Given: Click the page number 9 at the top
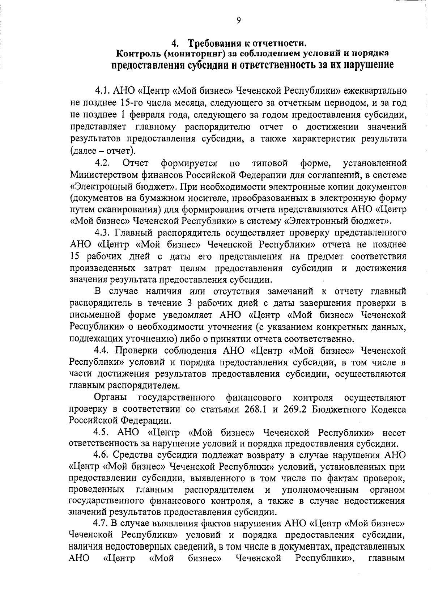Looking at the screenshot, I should [238, 21].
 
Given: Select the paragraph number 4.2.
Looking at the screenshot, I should [102, 164].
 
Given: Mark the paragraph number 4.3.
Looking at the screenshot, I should [102, 233].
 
